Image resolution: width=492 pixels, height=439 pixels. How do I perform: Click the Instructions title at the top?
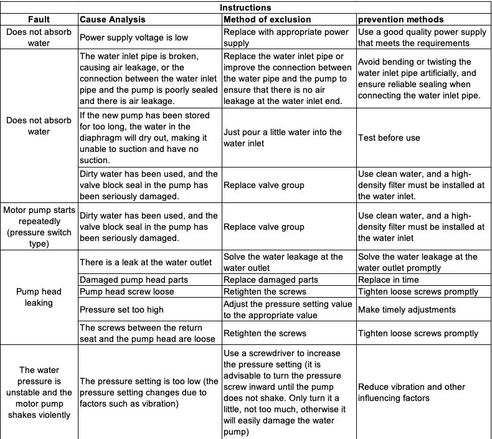(x=245, y=7)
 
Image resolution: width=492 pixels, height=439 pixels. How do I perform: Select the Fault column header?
(x=39, y=19)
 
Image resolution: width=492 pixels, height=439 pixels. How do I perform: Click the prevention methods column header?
(x=400, y=19)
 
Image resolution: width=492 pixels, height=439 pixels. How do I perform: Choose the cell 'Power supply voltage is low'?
(x=134, y=37)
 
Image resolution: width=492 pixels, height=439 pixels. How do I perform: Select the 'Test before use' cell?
(x=389, y=138)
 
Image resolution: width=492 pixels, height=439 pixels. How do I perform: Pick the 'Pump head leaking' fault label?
(x=39, y=297)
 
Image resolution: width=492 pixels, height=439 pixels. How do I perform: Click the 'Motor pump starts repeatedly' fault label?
(x=39, y=227)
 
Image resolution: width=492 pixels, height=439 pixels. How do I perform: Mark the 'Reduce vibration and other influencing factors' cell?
(x=411, y=392)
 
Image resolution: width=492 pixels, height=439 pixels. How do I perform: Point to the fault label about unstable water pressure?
(x=39, y=392)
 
